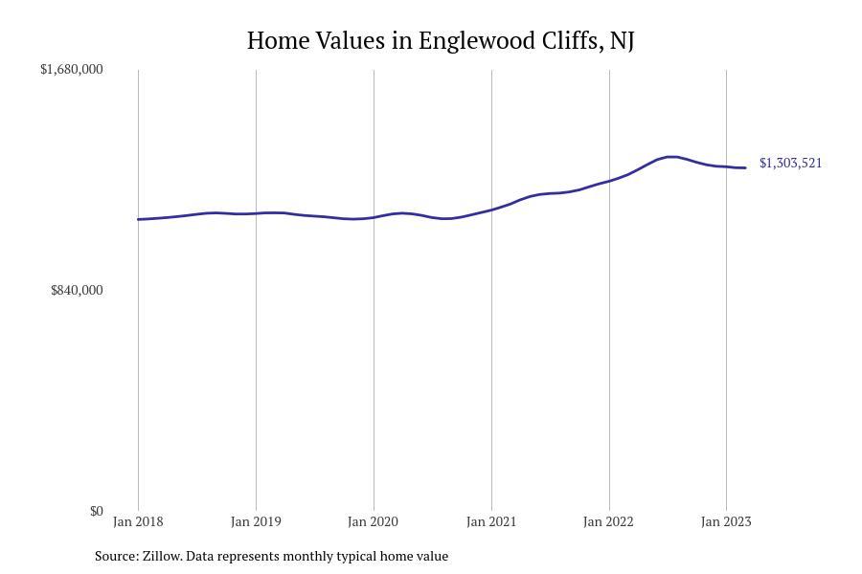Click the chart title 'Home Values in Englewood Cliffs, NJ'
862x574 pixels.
coord(441,40)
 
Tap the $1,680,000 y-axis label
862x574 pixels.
coord(72,69)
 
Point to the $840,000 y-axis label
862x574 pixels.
coord(77,290)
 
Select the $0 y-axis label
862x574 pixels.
coord(97,511)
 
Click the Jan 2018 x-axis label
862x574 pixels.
coord(138,521)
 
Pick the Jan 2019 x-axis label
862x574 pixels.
coord(256,521)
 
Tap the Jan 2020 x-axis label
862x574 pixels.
coord(374,521)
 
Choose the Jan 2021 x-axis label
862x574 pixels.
coord(491,521)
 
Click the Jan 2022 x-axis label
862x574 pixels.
coord(609,521)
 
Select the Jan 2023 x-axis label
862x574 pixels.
coord(726,521)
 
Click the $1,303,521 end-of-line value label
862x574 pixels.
coord(790,163)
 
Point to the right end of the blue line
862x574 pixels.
coord(745,168)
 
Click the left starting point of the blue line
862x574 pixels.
coord(139,219)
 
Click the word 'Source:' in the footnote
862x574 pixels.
coord(116,556)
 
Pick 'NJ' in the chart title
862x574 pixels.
coord(622,40)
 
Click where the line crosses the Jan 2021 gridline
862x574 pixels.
coord(491,210)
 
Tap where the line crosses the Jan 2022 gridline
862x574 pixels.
coord(609,181)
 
